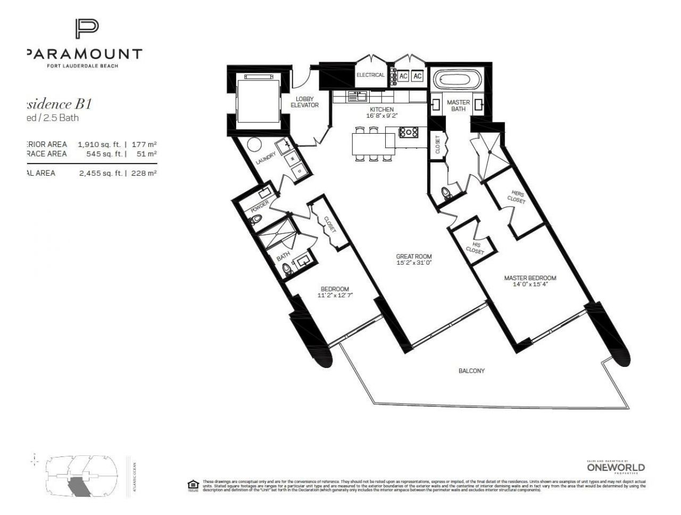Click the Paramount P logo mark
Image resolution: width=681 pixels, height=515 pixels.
tap(86, 29)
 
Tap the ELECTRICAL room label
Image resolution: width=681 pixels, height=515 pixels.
tap(370, 75)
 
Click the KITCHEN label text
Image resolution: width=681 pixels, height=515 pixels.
tap(381, 109)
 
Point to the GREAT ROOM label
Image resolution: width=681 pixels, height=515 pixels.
tap(414, 256)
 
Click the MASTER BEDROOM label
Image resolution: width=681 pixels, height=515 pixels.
tap(530, 278)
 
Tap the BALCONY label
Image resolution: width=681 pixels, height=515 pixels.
tap(471, 371)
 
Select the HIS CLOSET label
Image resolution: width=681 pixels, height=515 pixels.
tap(475, 248)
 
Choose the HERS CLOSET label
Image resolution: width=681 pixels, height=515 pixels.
tap(518, 198)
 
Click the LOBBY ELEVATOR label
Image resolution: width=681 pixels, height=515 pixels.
tap(304, 102)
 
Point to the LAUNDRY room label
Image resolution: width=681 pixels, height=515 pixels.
tap(265, 159)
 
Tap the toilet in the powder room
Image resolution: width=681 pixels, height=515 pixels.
tap(256, 219)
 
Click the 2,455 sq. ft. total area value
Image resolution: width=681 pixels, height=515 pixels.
tap(101, 173)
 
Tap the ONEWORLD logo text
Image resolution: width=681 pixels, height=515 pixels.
tap(616, 468)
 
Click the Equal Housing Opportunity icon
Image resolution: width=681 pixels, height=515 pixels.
tap(193, 485)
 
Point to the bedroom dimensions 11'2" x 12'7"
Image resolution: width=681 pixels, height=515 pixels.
tap(335, 295)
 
